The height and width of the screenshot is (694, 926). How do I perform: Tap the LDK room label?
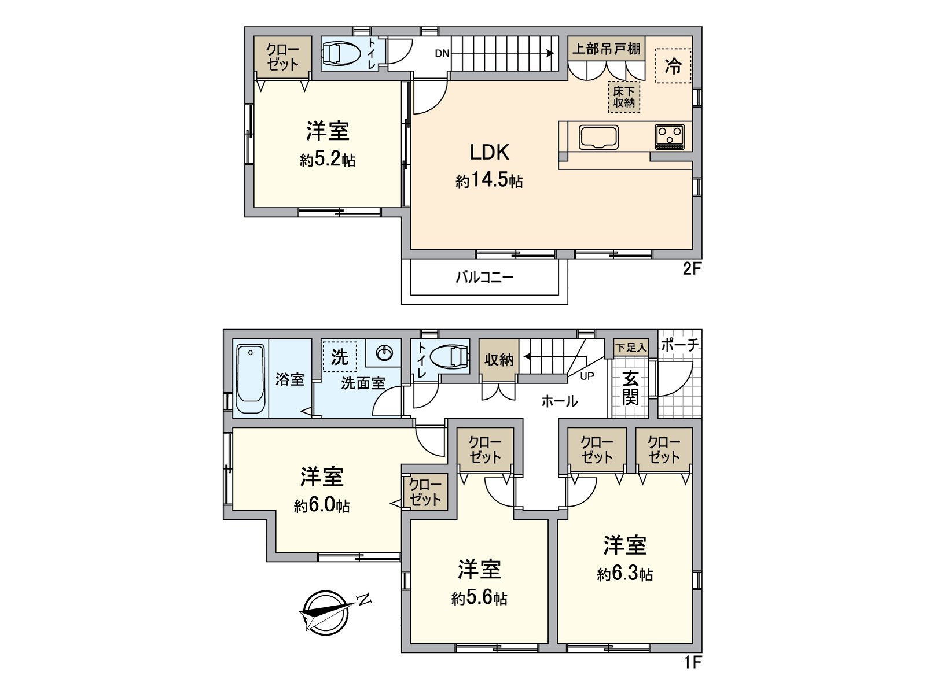(489, 153)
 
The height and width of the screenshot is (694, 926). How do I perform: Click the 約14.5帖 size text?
(489, 181)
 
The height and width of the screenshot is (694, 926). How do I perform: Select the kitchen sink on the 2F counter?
(598, 137)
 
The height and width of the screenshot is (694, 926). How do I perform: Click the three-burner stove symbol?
(670, 137)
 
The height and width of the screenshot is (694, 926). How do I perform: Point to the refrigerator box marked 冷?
(673, 66)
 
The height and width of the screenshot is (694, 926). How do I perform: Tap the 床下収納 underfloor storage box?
(624, 97)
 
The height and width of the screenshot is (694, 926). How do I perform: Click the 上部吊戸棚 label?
(607, 49)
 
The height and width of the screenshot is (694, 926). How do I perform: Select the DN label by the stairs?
(442, 54)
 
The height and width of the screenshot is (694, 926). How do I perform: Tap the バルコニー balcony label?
(484, 277)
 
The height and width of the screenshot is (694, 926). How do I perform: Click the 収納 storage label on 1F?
(499, 360)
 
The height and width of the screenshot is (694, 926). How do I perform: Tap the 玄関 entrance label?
(630, 389)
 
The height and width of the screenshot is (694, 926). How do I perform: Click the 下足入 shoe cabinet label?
(630, 348)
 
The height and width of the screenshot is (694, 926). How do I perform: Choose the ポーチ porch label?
(680, 345)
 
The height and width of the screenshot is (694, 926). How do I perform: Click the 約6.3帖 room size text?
(625, 574)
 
